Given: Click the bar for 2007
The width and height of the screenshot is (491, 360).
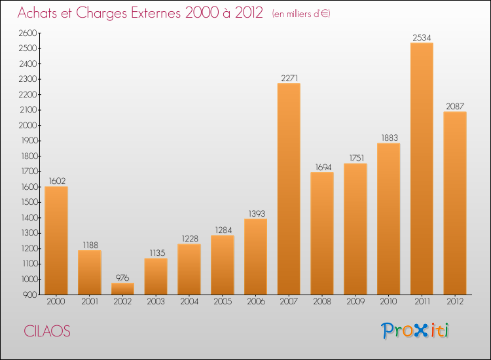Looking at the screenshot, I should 289,189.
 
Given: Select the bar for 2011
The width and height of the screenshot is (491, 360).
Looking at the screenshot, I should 422,168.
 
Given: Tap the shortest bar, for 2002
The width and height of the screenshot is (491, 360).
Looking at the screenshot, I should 122,288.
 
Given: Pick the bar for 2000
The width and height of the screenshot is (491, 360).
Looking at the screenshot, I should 56,240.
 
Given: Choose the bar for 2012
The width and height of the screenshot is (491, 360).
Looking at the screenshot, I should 455,203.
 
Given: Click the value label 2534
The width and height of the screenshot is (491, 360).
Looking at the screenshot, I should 422,37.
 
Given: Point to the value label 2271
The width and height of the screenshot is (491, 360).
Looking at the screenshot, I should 289,78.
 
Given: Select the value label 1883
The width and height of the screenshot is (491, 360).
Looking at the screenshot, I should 388,137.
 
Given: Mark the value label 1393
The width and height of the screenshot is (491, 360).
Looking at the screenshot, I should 255,213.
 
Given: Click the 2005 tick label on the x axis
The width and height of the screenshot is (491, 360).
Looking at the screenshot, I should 222,302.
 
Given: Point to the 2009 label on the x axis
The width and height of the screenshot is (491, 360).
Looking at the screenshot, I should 355,302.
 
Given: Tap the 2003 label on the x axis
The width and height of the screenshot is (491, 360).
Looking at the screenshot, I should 156,302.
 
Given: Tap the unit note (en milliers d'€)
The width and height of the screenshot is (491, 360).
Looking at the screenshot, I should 300,14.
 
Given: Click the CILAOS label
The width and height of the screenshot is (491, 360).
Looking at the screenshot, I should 47,331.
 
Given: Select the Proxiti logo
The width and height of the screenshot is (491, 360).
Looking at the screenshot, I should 416,331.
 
